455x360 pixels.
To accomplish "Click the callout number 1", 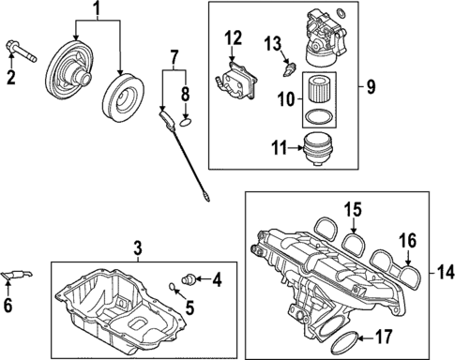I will pyautogui.click(x=94, y=10).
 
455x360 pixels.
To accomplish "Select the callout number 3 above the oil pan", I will pyautogui.click(x=137, y=248).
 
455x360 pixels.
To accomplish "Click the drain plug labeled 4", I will pyautogui.click(x=190, y=277).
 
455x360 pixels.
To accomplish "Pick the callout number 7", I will pyautogui.click(x=174, y=62).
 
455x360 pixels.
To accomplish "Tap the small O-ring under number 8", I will pyautogui.click(x=186, y=119).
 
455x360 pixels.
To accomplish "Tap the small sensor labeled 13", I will pyautogui.click(x=289, y=67).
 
